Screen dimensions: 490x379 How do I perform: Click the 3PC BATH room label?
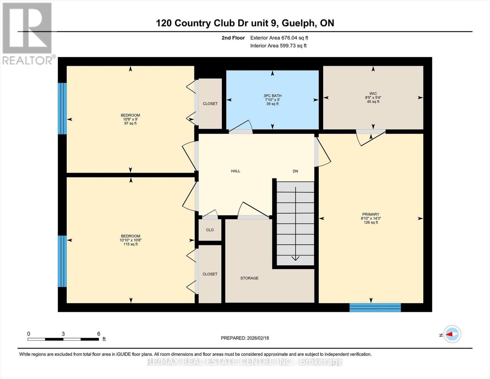click(x=272, y=96)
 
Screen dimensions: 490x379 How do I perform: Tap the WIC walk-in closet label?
click(x=373, y=93)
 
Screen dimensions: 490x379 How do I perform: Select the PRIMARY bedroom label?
click(x=371, y=214)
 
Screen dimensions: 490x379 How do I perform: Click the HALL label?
click(x=236, y=171)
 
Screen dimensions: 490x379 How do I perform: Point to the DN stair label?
click(x=295, y=171)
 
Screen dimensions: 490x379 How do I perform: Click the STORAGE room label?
click(x=249, y=278)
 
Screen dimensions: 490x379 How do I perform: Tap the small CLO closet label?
click(x=210, y=230)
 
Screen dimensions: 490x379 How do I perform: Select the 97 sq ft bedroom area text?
click(x=130, y=123)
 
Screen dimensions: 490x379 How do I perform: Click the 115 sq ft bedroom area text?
click(x=131, y=244)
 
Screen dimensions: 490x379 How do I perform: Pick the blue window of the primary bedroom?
click(x=375, y=308)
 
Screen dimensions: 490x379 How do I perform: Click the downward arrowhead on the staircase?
click(x=295, y=258)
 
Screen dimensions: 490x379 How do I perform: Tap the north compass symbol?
click(x=452, y=334)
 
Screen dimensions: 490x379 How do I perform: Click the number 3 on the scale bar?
click(x=63, y=334)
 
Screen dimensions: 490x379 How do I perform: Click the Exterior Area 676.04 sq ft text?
click(x=279, y=38)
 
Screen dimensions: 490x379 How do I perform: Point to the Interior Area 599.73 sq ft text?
click(x=279, y=46)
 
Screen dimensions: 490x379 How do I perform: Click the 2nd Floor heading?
click(x=233, y=38)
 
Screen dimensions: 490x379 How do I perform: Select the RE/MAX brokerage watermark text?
click(x=245, y=362)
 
